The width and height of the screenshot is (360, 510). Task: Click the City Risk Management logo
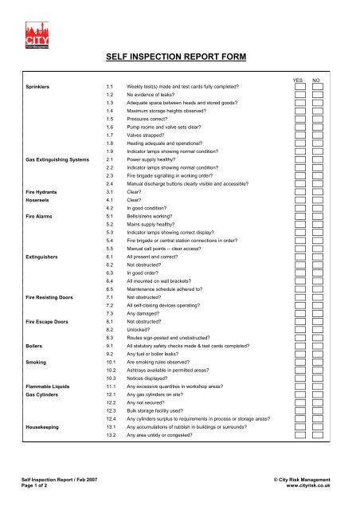45,32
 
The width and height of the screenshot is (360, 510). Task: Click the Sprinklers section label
42,84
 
